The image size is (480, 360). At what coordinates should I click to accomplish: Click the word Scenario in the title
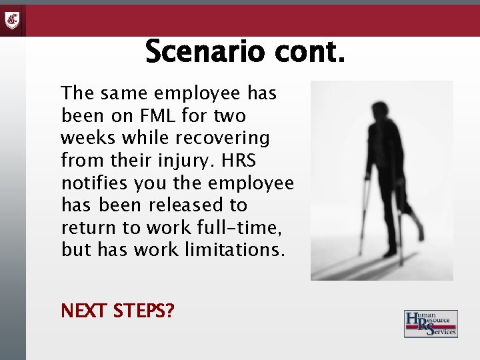point(201,52)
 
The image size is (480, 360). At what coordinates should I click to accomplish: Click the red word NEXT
point(84,311)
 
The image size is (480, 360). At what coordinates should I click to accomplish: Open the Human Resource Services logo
point(431,323)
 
